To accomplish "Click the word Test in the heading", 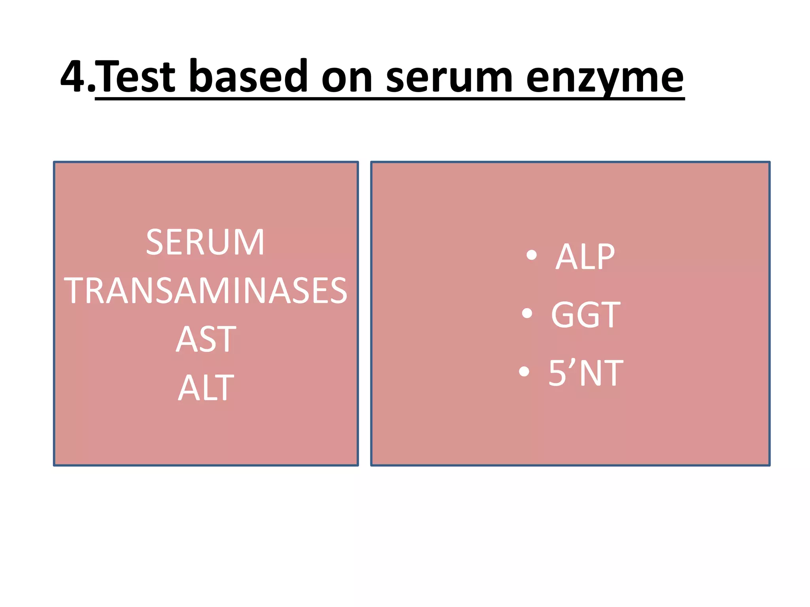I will point(135,76).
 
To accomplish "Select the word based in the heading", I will point(248,76).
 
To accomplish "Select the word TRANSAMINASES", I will point(206,291).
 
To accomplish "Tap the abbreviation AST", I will point(206,339).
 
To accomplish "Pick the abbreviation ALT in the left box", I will point(206,388).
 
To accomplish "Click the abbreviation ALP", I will point(585,257).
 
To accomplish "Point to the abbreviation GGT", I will point(586,315).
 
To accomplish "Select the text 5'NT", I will point(586,373).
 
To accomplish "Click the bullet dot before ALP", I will point(532,255).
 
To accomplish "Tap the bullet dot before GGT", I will point(527,313).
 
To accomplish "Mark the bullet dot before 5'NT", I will point(524,371).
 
